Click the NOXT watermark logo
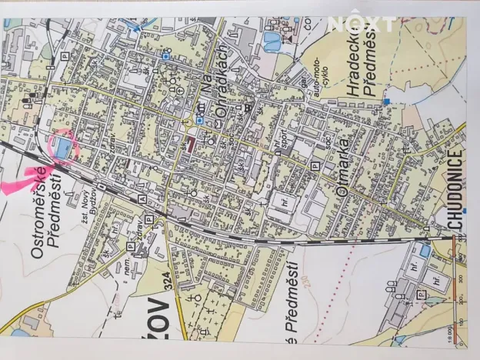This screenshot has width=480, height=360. (x=362, y=23)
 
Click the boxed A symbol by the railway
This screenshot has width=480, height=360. (x=142, y=198)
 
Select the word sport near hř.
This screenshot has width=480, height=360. (x=283, y=142)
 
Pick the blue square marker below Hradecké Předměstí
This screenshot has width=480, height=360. (x=390, y=101)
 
